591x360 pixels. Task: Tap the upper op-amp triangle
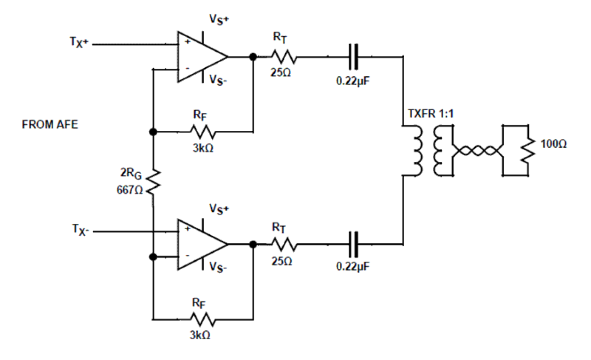tap(200, 57)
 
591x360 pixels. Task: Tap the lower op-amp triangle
tap(200, 244)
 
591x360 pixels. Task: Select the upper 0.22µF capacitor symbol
tap(353, 57)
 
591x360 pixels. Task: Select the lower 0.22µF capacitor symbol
tap(353, 244)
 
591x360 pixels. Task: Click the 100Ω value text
tap(554, 144)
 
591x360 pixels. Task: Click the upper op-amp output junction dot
tap(253, 57)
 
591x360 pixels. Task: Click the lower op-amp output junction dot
tap(253, 244)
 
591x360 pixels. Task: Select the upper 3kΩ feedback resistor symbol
tap(203, 132)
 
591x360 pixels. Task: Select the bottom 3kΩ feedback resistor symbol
tap(203, 320)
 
